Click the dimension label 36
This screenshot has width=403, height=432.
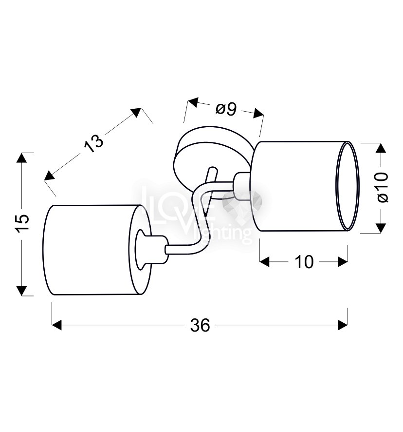pyautogui.click(x=200, y=325)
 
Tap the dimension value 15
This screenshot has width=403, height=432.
pyautogui.click(x=23, y=223)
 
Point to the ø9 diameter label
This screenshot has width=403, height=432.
pyautogui.click(x=226, y=109)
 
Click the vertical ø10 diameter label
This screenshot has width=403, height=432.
pyautogui.click(x=383, y=187)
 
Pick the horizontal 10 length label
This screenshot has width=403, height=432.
pyautogui.click(x=304, y=262)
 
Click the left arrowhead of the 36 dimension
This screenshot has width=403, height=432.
pyautogui.click(x=56, y=325)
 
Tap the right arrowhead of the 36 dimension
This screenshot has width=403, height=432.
pyautogui.click(x=343, y=325)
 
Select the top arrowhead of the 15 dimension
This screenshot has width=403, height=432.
pyautogui.click(x=22, y=157)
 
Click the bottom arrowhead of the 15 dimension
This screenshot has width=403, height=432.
pyautogui.click(x=22, y=291)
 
